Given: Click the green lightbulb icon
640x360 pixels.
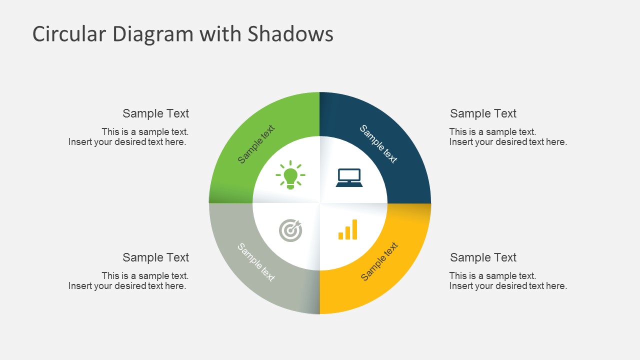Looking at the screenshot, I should [290, 175].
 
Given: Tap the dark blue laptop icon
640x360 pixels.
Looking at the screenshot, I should [349, 177].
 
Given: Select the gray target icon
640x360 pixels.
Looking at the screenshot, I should [290, 230].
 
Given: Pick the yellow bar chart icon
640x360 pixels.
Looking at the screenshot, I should [348, 229].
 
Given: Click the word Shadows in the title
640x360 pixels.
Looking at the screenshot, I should [290, 34].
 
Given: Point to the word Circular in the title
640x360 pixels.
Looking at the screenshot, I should [69, 34].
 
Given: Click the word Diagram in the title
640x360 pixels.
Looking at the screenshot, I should [152, 34].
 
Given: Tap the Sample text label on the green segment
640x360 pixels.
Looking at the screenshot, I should [256, 144].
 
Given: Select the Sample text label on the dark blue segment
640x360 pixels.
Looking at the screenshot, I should [378, 144].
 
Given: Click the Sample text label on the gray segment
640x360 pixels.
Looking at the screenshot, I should [256, 262].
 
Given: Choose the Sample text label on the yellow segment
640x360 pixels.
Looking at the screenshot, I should [379, 261].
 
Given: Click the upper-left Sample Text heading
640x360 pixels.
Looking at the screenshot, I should [155, 113].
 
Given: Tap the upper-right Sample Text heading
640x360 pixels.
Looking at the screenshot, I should [483, 113].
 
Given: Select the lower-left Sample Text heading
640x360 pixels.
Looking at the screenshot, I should [155, 257].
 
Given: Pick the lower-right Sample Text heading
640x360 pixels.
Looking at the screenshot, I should [483, 257].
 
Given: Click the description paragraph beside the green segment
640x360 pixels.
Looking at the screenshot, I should [128, 137].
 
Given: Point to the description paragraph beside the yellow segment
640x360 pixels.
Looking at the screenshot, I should [507, 281].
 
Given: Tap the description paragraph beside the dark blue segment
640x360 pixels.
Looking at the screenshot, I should [507, 137].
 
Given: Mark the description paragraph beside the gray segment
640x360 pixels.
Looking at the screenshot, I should [128, 281].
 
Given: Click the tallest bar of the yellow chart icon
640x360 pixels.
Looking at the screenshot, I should [355, 229].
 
